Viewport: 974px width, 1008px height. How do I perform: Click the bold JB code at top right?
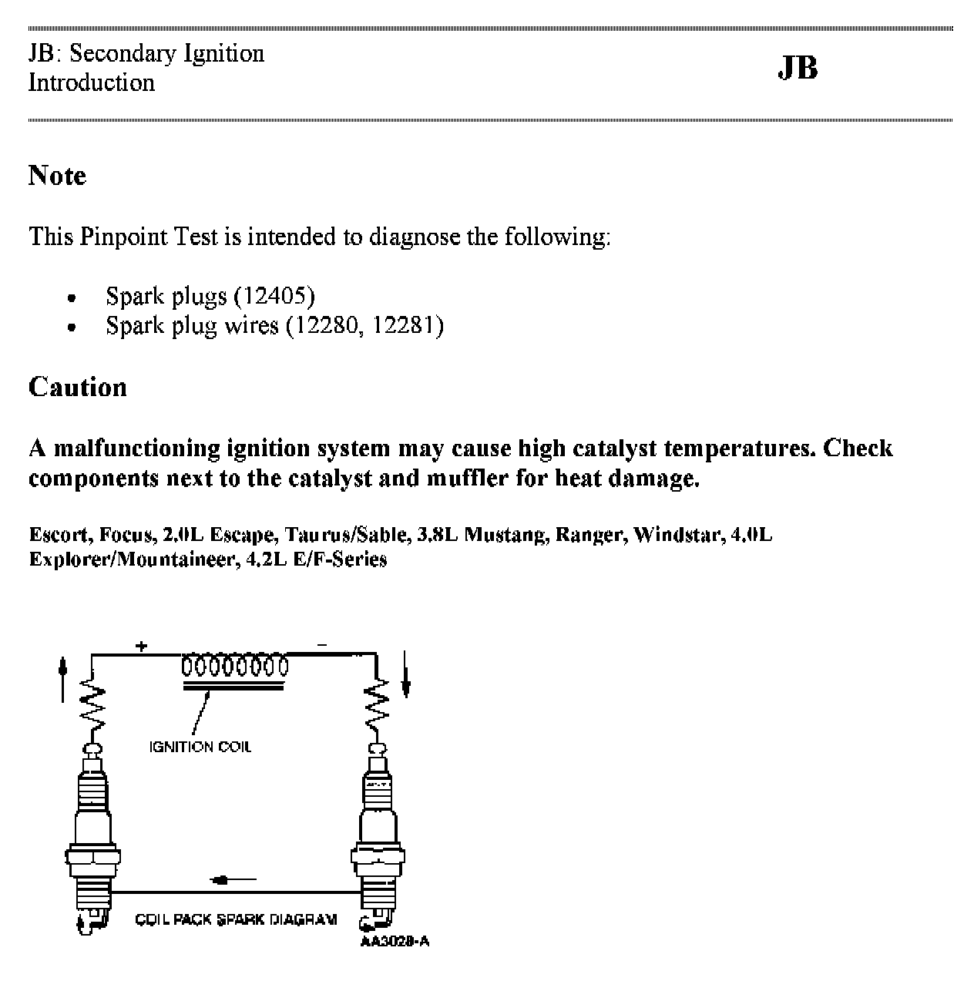click(x=798, y=68)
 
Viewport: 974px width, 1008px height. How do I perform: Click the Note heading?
click(x=57, y=176)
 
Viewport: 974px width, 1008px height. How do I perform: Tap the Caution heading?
click(x=77, y=386)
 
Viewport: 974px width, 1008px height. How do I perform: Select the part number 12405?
click(x=274, y=295)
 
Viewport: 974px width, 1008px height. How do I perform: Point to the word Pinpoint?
click(x=122, y=236)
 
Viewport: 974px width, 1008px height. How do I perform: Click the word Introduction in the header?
click(x=91, y=82)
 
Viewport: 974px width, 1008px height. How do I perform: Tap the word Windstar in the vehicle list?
click(x=674, y=534)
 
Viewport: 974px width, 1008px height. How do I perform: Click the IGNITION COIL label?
click(x=200, y=746)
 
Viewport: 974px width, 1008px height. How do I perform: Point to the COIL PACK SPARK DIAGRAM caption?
click(x=236, y=919)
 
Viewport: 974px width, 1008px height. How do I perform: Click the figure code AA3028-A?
click(x=395, y=941)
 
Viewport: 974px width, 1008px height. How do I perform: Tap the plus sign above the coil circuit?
click(x=141, y=646)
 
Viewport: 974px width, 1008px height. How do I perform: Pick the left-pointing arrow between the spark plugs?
click(x=232, y=879)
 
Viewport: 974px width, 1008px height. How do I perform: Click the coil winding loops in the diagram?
click(x=234, y=665)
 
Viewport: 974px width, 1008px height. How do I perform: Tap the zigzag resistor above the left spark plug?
click(x=92, y=707)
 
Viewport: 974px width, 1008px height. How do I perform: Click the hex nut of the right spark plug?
click(x=378, y=858)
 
